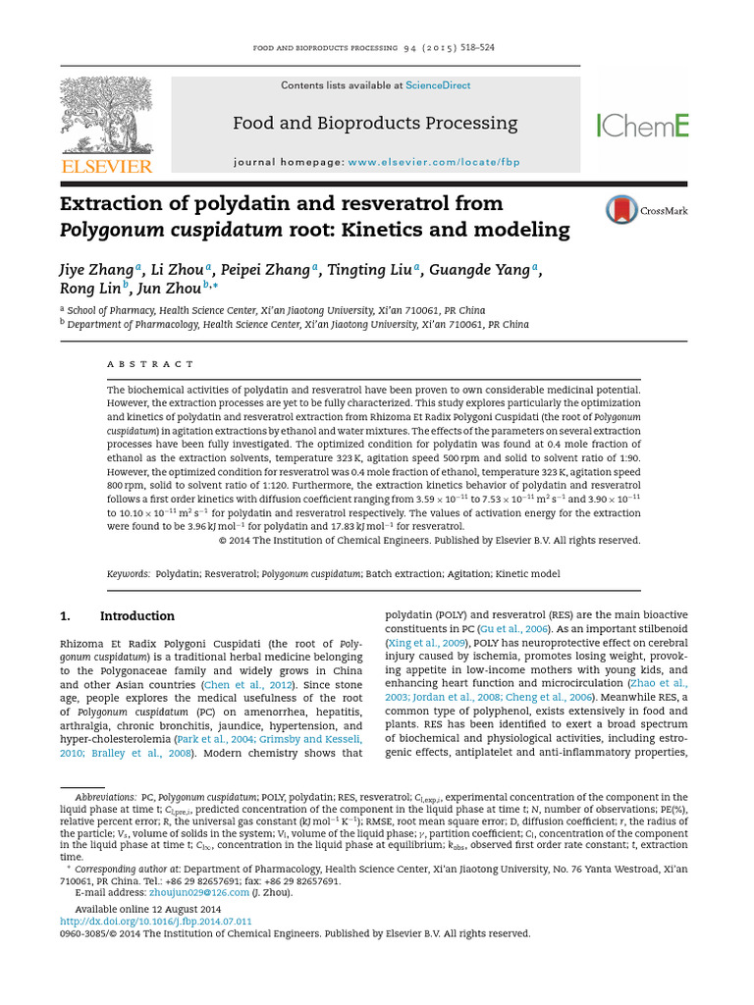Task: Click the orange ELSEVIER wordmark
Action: (107, 167)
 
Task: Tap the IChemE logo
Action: (643, 125)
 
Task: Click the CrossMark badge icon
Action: (620, 210)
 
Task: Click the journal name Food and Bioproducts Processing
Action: (374, 124)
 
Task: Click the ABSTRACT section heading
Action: (150, 364)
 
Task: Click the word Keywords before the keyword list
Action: (127, 572)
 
